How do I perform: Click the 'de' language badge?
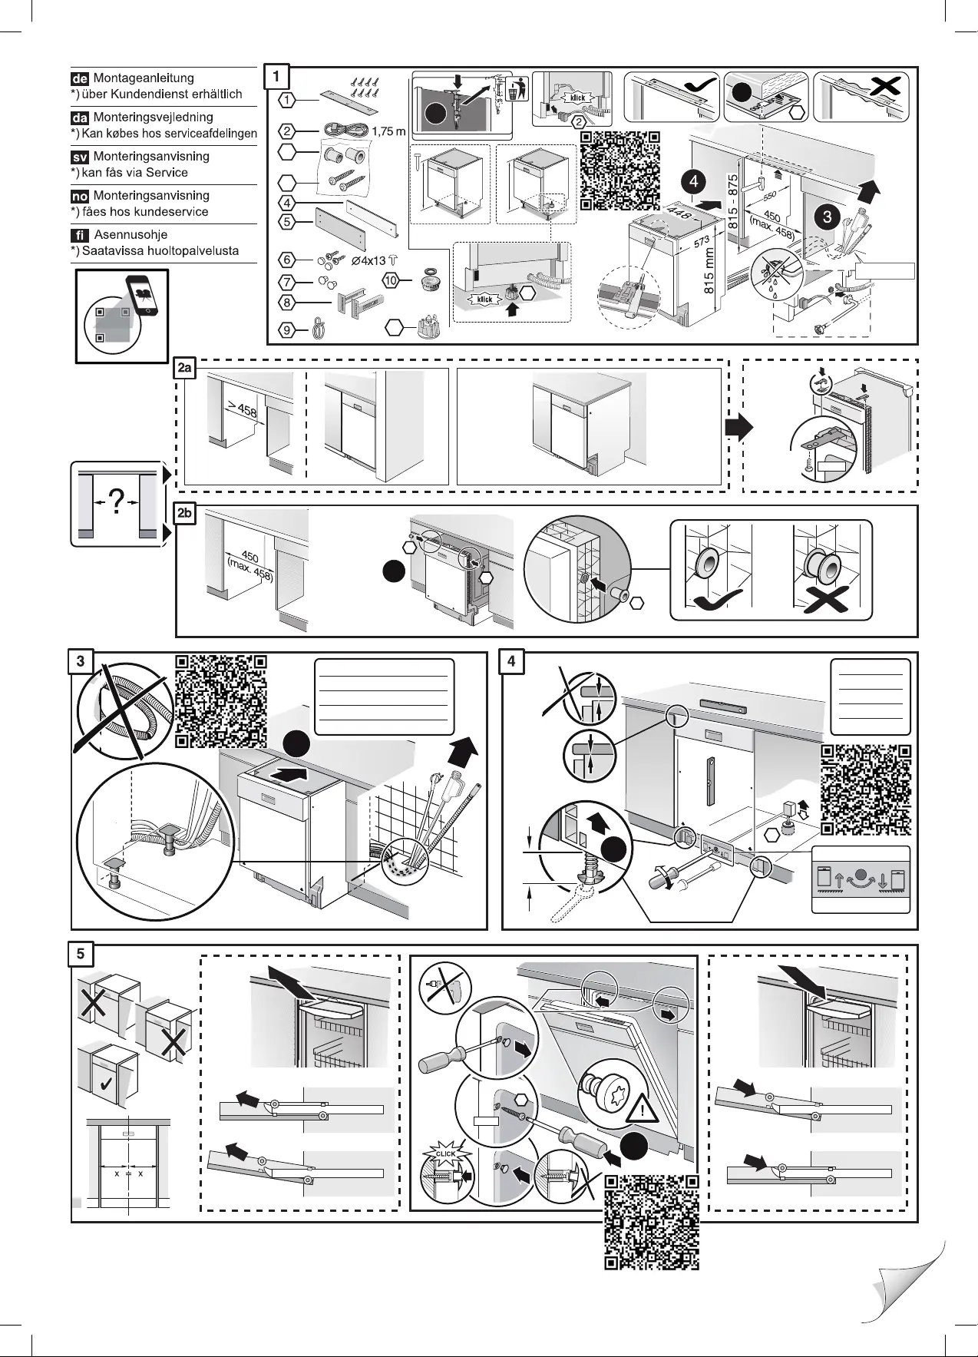pos(80,78)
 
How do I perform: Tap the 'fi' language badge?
pos(80,235)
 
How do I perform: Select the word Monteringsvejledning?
pos(153,117)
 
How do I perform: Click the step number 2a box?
pos(185,369)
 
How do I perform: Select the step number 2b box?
pos(185,515)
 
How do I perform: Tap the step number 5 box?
pos(81,954)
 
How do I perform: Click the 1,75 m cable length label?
pos(388,131)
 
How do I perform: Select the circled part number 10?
pos(392,281)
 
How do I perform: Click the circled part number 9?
pos(286,331)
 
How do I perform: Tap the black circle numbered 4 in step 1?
pos(693,182)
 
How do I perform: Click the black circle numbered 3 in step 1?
pos(827,217)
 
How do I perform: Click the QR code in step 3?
pos(221,700)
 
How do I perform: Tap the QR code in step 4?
pos(867,789)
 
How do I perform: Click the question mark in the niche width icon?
pos(117,502)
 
